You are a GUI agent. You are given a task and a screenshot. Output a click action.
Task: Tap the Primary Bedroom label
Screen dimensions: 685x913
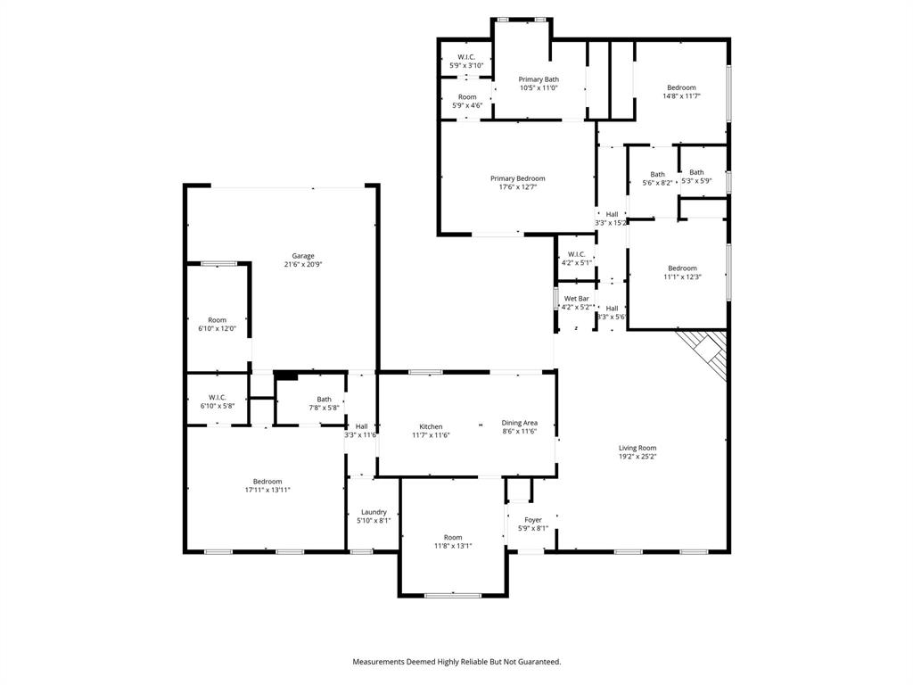517,178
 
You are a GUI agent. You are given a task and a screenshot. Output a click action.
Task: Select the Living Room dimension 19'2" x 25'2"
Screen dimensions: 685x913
637,457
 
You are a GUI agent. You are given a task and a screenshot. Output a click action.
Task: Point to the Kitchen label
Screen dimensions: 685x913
431,426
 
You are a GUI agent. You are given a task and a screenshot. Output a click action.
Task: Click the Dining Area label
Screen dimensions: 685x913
519,423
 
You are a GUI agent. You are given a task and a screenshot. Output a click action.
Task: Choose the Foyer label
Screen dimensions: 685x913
532,520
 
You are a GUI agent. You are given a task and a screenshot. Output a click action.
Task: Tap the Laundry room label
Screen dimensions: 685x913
374,512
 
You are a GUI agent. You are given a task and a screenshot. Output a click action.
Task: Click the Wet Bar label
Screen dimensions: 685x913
576,299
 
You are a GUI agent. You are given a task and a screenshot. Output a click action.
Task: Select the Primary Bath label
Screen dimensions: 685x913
539,79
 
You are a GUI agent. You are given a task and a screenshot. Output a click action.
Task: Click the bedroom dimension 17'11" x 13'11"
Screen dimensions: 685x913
267,491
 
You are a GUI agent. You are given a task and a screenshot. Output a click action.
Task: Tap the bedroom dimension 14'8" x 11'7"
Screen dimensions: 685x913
681,95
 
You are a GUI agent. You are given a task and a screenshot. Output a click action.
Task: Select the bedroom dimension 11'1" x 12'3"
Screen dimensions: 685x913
682,277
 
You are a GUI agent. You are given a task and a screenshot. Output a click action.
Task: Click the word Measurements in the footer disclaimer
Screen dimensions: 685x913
379,662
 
